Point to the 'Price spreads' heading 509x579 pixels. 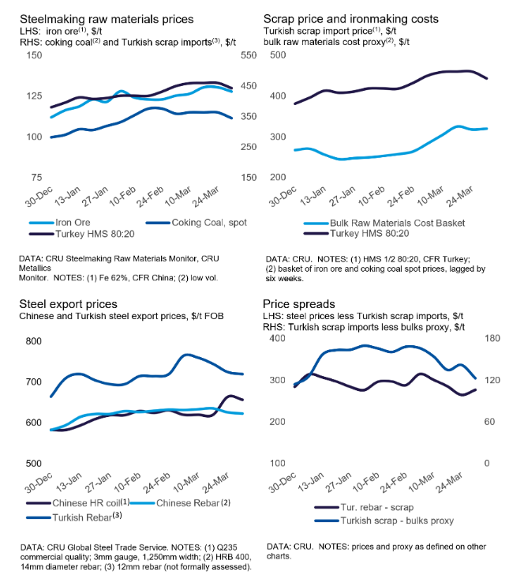300,303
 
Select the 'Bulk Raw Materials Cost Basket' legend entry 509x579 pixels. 378,223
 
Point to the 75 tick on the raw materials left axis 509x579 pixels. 35,178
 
